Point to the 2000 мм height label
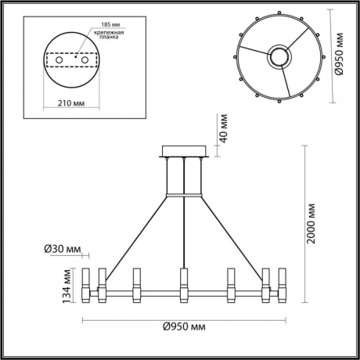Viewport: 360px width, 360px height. [311, 225]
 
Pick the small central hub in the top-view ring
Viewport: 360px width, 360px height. [278, 56]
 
